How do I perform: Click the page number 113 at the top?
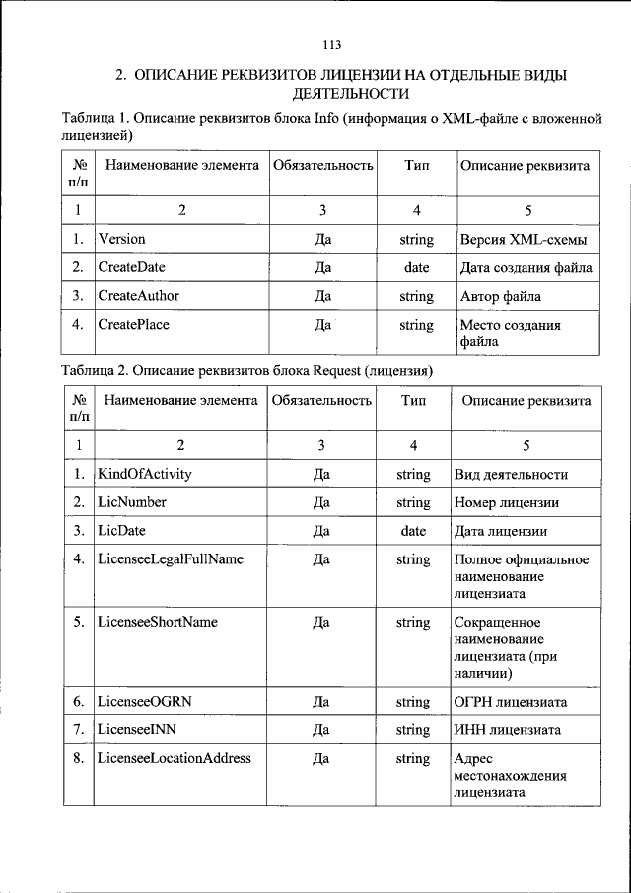(330, 44)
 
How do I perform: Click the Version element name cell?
(121, 239)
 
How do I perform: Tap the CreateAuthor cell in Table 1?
(138, 296)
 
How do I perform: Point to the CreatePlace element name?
(134, 325)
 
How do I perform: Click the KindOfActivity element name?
(145, 474)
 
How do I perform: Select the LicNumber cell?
(132, 502)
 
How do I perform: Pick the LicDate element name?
(121, 531)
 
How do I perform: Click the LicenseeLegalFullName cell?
(170, 559)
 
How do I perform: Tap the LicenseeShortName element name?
(158, 623)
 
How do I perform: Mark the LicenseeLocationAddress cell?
(175, 759)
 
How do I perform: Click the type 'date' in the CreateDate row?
(417, 267)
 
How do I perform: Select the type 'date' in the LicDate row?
(414, 531)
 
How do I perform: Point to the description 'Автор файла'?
(501, 296)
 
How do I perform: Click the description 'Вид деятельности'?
(511, 475)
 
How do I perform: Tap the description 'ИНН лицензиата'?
(508, 731)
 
